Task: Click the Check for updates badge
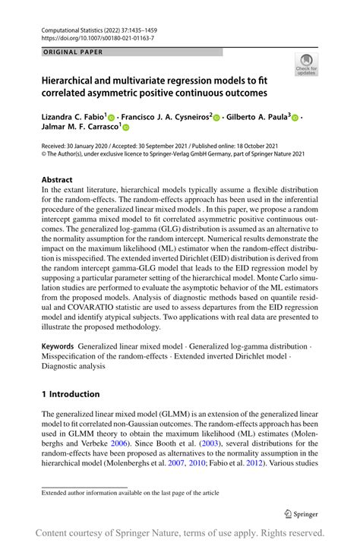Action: [x=308, y=65]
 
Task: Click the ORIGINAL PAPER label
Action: [x=66, y=52]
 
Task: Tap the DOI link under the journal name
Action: [x=96, y=36]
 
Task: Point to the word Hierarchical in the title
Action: [x=78, y=80]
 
